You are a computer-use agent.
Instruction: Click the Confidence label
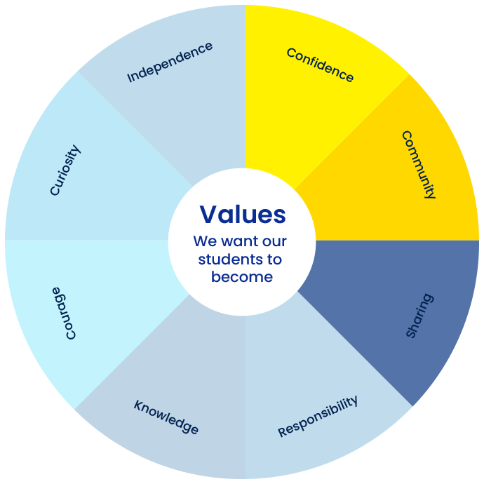pos(320,65)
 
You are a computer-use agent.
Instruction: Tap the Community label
pos(419,165)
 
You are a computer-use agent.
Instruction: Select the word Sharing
pos(419,316)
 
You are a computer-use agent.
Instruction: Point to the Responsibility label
pos(318,416)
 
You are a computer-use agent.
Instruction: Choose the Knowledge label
pos(166,417)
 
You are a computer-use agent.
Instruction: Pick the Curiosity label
pos(65,170)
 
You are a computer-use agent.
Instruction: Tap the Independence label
pos(170,62)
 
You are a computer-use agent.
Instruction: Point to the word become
pos(242,276)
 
